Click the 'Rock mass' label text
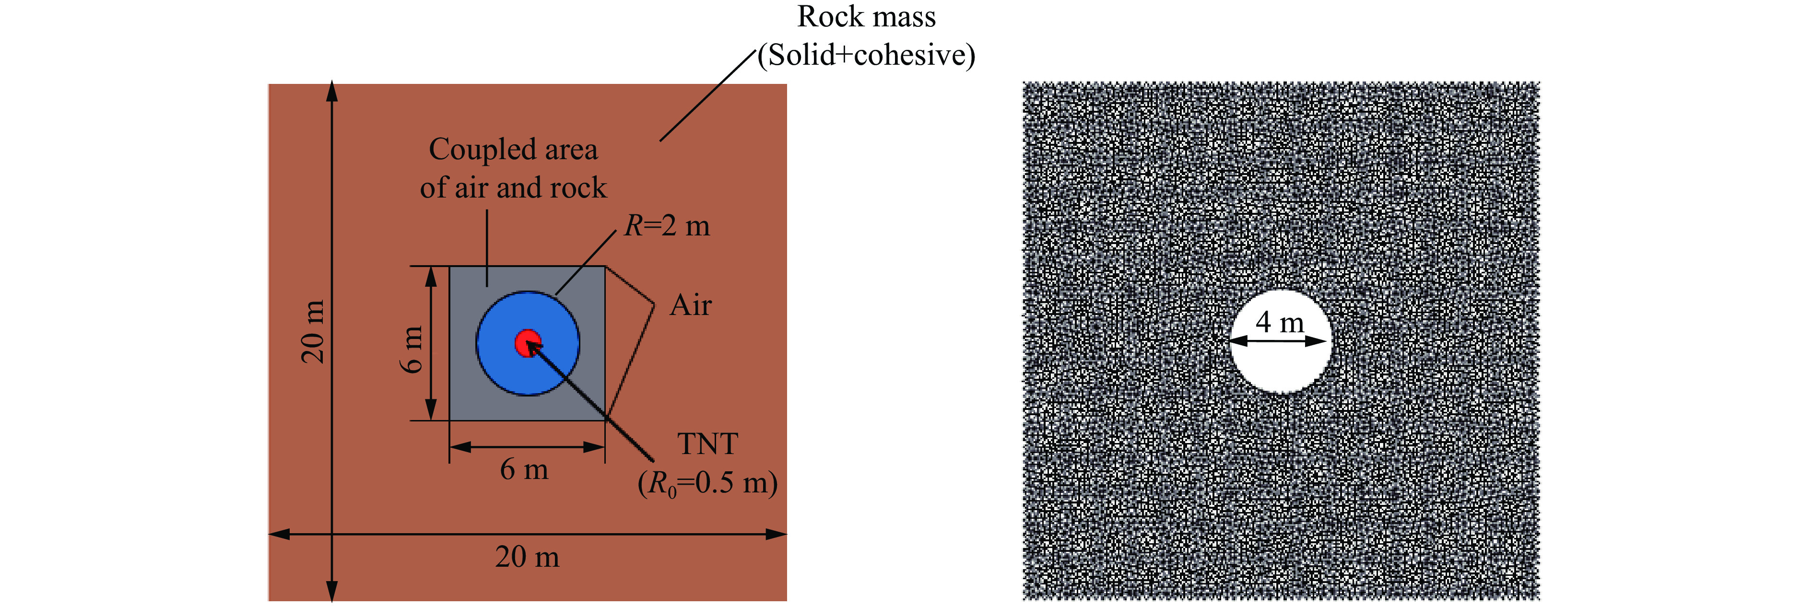[866, 17]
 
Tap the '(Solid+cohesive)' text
[866, 55]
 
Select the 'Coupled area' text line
[513, 150]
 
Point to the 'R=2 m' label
[667, 226]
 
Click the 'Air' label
[691, 305]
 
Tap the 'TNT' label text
[707, 444]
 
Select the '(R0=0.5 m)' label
[707, 483]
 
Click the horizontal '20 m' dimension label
[527, 557]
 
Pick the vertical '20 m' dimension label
[313, 331]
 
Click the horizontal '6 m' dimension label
[524, 469]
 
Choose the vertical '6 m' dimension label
[412, 349]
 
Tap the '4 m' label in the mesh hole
[1280, 322]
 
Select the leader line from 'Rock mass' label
[707, 96]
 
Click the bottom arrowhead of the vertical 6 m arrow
[432, 409]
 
